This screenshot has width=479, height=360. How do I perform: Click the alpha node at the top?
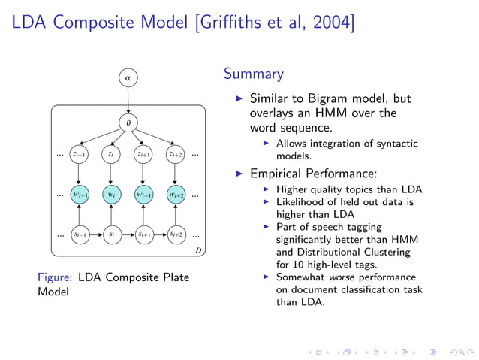click(128, 77)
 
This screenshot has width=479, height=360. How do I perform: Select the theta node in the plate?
click(128, 122)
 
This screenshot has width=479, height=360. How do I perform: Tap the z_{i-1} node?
click(79, 154)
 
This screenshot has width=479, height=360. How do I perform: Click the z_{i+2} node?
click(175, 154)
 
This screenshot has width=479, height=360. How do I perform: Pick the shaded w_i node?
click(111, 195)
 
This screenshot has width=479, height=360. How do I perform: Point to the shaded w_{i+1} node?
click(143, 195)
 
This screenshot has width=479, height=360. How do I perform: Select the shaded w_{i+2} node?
click(175, 195)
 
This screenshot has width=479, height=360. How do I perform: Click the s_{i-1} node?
click(79, 234)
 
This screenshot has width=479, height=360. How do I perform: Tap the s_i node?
click(111, 234)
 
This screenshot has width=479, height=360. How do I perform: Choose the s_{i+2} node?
click(175, 234)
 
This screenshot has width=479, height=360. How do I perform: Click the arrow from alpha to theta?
click(128, 99)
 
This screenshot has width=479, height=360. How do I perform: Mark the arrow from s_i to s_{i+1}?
click(127, 234)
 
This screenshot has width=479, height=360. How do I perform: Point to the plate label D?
click(198, 250)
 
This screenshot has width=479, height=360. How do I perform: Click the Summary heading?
click(253, 74)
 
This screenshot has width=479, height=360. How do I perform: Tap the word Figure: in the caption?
click(55, 277)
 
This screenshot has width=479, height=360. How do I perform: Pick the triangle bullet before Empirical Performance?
click(239, 173)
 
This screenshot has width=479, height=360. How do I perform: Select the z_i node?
click(111, 154)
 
